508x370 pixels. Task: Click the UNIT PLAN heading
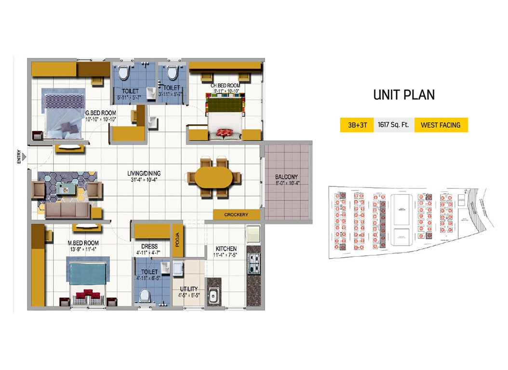[404, 95]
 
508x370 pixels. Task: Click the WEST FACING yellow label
[441, 125]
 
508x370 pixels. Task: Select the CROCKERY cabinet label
[236, 214]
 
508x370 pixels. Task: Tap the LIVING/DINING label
[144, 173]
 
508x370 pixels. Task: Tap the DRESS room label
[147, 246]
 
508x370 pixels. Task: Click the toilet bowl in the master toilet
[144, 295]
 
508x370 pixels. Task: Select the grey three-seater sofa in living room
[67, 211]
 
